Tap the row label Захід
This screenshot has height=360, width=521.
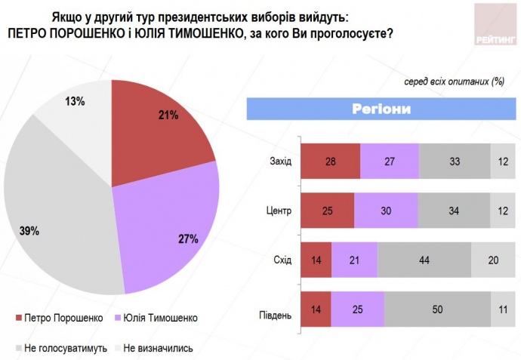coord(280,160)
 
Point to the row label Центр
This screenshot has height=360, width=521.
coord(279,209)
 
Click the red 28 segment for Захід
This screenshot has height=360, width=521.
coord(331,160)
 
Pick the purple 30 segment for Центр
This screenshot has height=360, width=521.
coord(385,209)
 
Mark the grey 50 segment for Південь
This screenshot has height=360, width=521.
coord(437,308)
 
